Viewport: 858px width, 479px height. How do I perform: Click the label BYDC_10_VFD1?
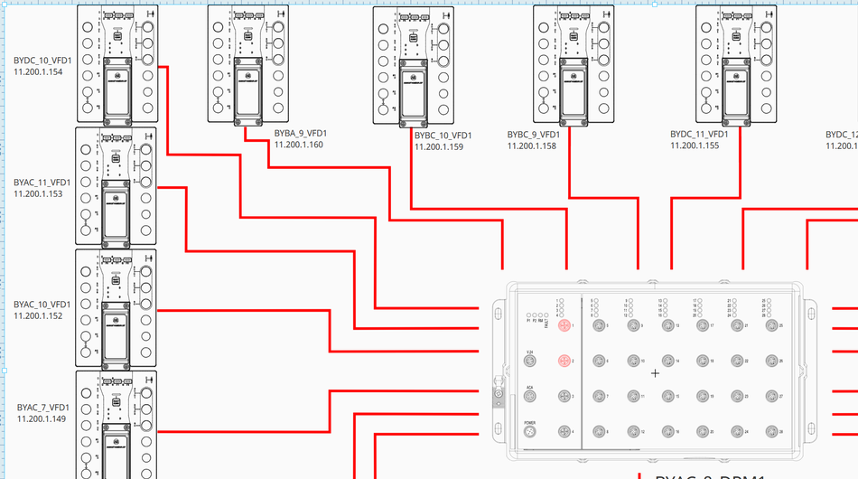click(x=42, y=61)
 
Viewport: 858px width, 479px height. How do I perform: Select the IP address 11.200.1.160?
click(x=299, y=145)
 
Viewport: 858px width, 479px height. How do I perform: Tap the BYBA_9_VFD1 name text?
click(x=300, y=134)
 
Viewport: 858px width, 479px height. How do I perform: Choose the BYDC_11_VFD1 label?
click(x=701, y=134)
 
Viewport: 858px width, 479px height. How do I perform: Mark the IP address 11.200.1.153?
click(x=38, y=193)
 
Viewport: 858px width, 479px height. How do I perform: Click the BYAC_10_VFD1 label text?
click(x=42, y=305)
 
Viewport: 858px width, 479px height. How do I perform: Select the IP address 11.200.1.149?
click(x=42, y=418)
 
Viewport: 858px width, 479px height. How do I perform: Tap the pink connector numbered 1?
click(x=564, y=325)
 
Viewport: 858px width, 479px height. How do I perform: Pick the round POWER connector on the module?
click(x=530, y=433)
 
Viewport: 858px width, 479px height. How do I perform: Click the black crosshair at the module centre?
click(x=656, y=373)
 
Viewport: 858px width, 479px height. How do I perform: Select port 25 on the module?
click(x=770, y=325)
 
